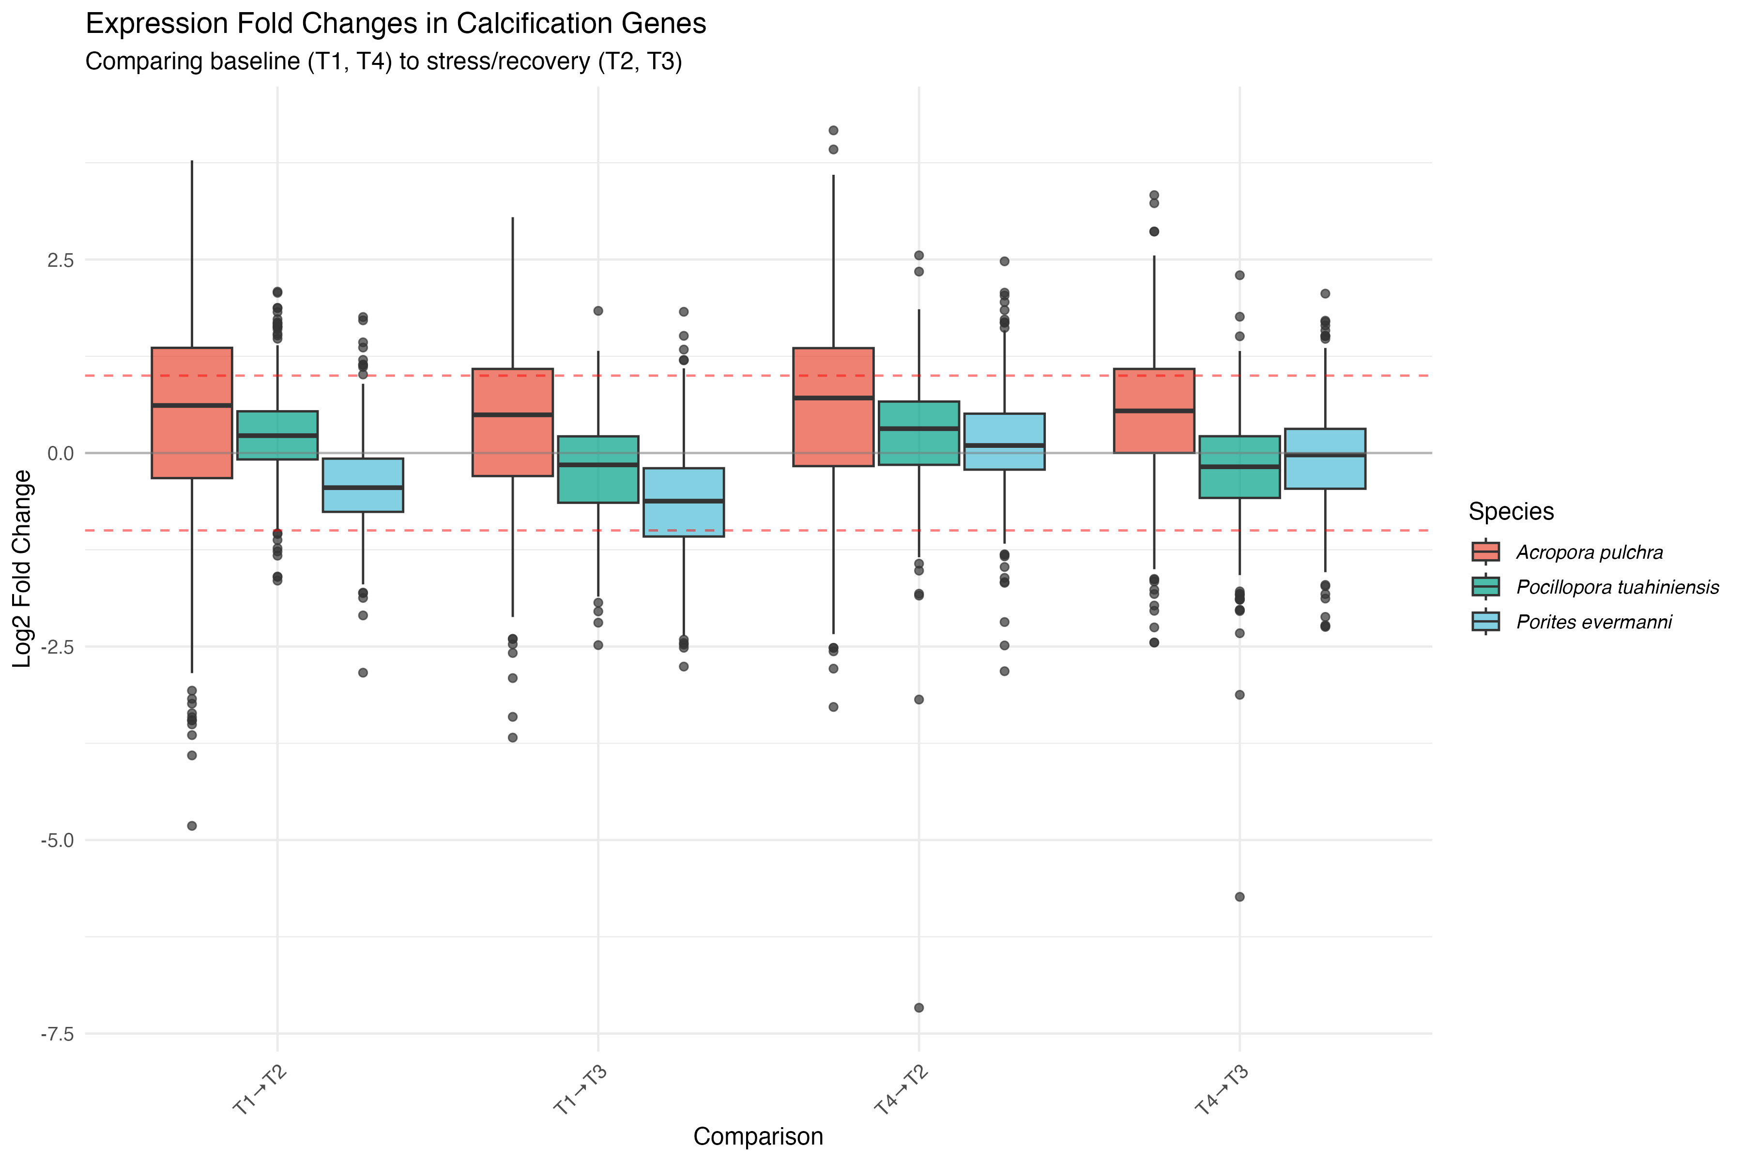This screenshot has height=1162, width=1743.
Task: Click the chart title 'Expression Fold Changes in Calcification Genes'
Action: point(396,24)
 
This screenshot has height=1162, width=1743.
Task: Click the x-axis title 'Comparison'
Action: point(757,1136)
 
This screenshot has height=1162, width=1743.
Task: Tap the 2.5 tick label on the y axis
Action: point(61,260)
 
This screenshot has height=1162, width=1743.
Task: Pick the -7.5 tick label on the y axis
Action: point(58,1034)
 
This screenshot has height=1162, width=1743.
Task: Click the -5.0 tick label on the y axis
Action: point(58,841)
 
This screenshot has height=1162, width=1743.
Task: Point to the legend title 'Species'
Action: point(1510,511)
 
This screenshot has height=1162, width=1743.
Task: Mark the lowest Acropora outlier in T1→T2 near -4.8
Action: point(192,826)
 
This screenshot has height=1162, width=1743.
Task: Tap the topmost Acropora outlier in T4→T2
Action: point(833,130)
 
